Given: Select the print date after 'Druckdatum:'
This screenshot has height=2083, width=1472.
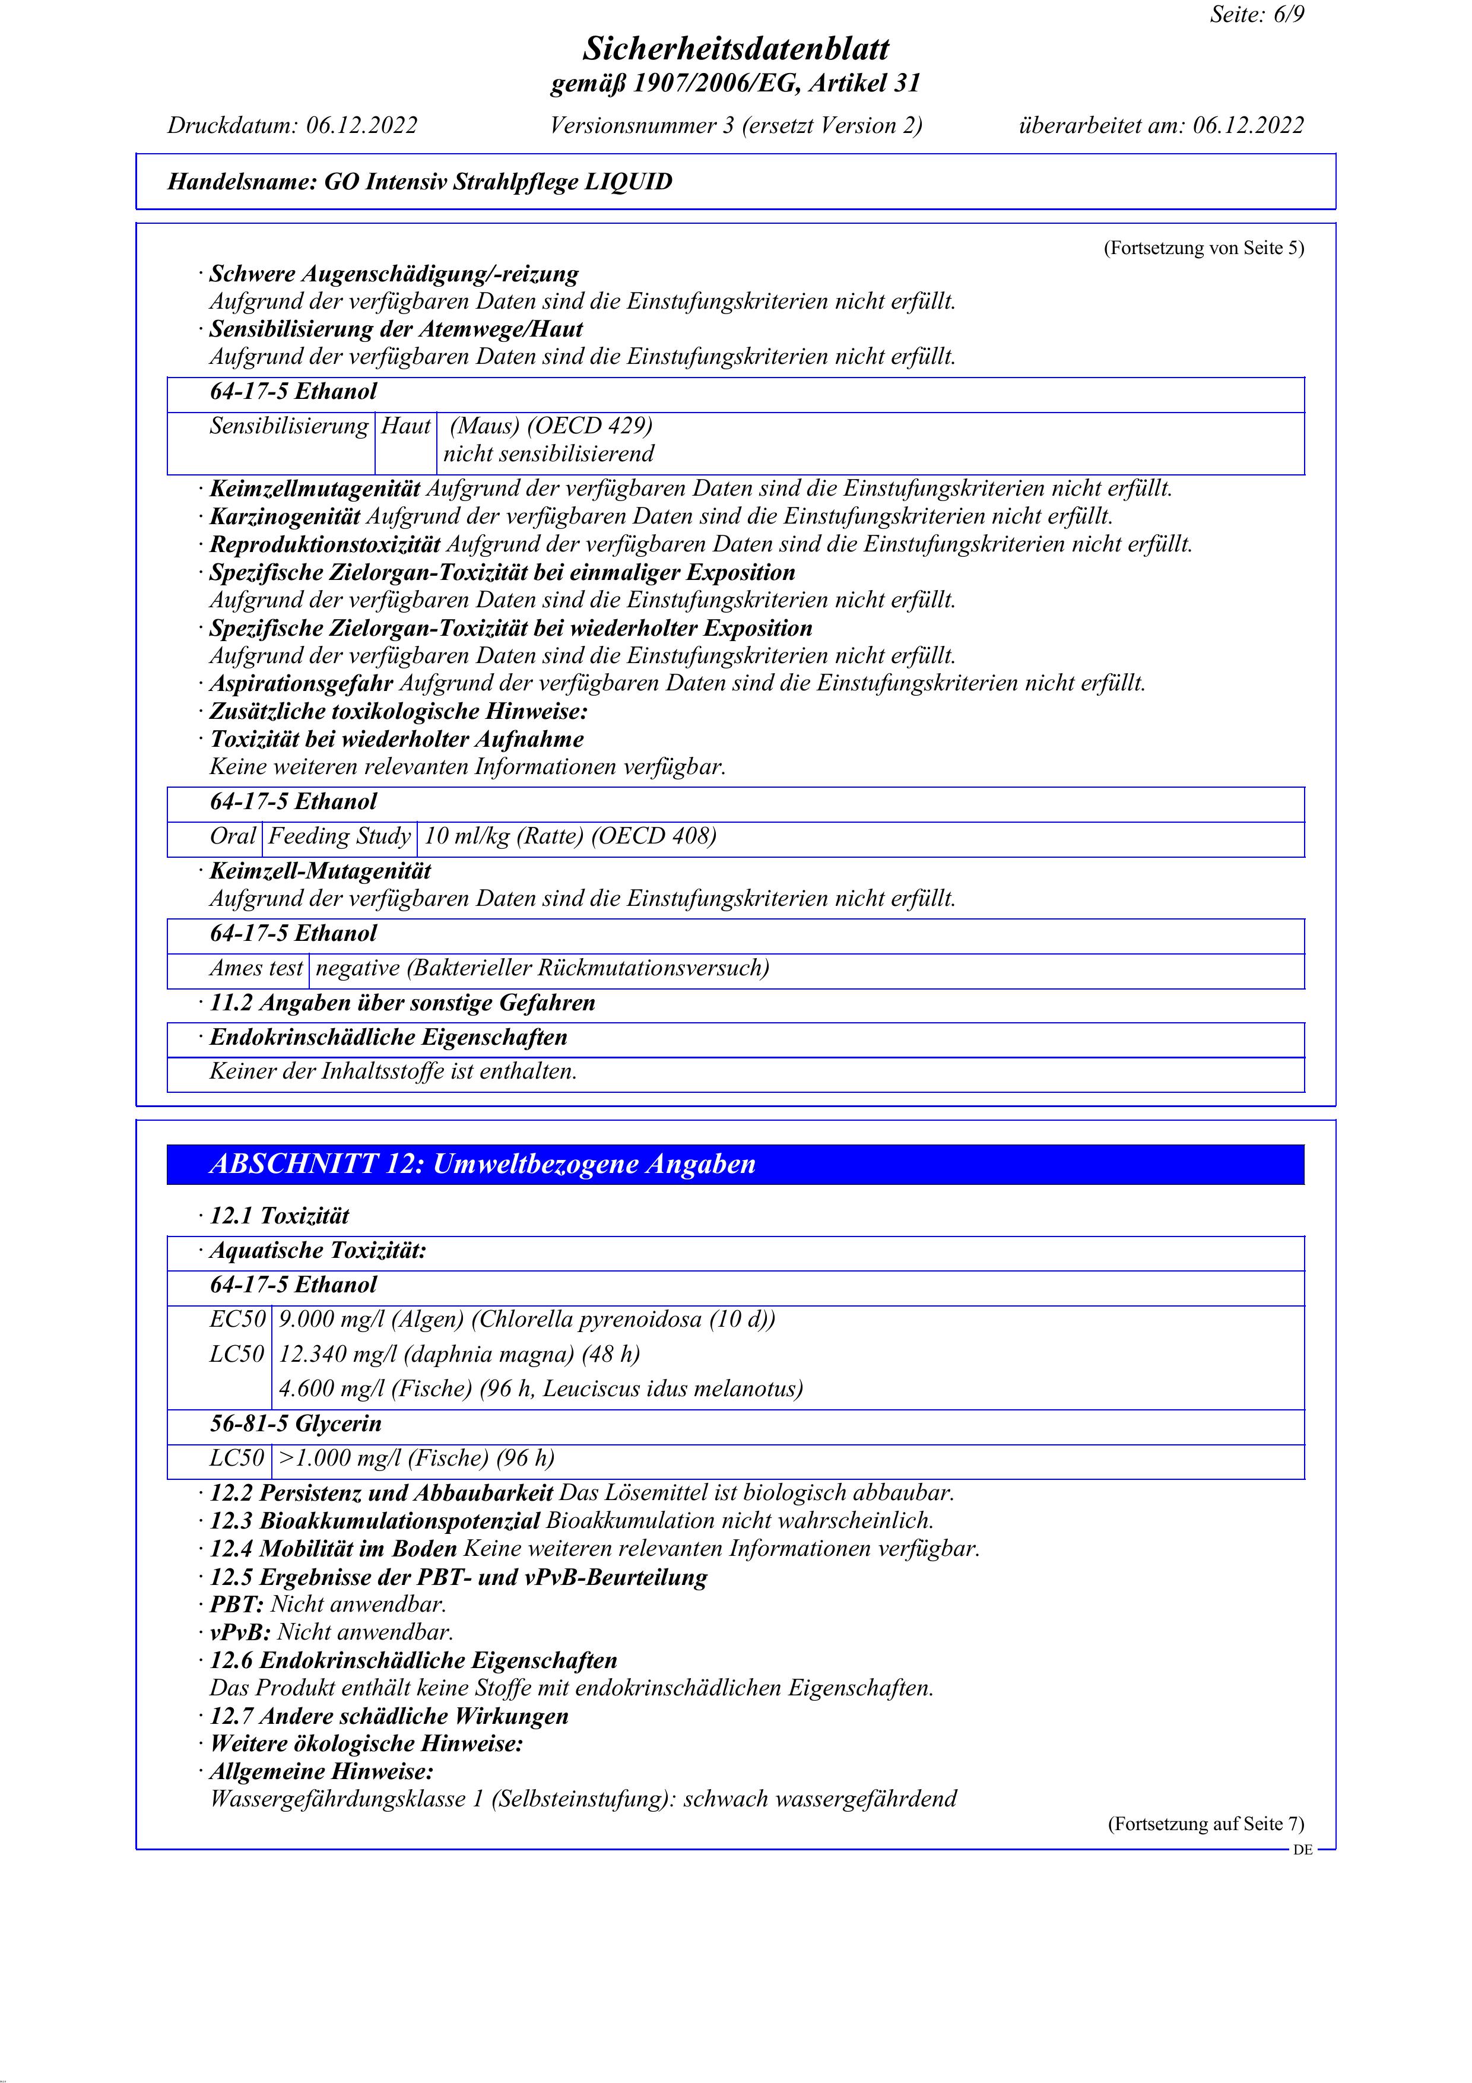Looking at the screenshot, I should [361, 125].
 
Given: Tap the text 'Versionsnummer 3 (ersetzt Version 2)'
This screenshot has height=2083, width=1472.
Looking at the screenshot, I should [735, 125].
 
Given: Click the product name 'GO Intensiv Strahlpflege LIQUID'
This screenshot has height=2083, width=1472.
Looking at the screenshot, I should [498, 182].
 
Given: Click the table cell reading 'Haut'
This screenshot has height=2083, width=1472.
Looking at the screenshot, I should [405, 426].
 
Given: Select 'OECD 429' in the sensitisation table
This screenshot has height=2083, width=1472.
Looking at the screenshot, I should [589, 426].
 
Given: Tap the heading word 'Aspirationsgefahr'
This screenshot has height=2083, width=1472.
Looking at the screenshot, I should [301, 683].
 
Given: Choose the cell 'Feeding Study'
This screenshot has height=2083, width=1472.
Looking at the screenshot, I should [340, 836].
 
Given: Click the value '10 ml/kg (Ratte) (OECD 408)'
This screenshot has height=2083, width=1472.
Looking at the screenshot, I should [570, 836].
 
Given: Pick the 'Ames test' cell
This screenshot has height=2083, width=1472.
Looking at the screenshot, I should [256, 968].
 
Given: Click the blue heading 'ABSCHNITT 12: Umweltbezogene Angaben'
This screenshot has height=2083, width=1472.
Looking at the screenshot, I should [483, 1164].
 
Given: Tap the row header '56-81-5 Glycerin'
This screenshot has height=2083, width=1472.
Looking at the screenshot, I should [296, 1423].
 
